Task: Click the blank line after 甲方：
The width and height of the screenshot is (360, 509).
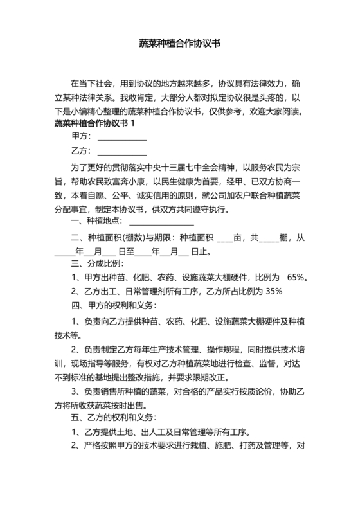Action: click(122, 139)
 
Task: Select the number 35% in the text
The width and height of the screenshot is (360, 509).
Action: click(274, 291)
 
